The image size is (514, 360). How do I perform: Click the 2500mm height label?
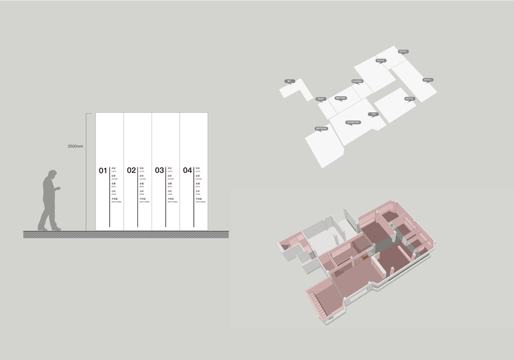[x=76, y=146]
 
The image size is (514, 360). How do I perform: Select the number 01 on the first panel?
[x=103, y=170]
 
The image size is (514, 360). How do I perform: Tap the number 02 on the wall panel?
[x=131, y=170]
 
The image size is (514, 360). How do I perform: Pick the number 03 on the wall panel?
[x=160, y=170]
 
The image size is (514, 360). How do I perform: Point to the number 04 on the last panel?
[x=188, y=170]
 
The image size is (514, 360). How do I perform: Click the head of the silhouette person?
[x=52, y=175]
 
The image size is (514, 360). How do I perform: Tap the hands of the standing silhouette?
[x=59, y=190]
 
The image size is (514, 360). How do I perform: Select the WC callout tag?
[x=289, y=81]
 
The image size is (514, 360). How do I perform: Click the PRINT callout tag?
[x=320, y=98]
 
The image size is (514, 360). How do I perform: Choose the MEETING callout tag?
[x=341, y=98]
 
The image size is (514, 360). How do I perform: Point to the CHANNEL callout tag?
[x=357, y=81]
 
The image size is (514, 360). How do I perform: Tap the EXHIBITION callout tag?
[x=353, y=122]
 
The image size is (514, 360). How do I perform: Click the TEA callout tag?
[x=374, y=113]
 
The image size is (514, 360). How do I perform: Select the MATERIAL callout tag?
[x=321, y=128]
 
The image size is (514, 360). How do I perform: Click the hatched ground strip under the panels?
[x=126, y=234]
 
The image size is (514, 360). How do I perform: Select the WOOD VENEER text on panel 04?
[x=198, y=202]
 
